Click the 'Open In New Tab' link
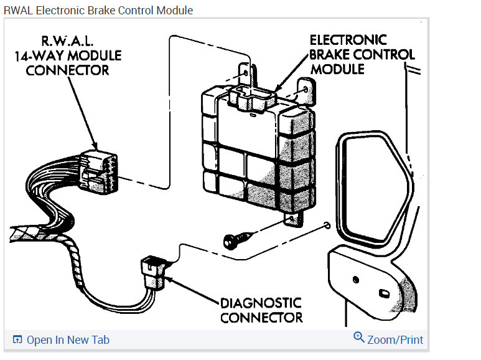tap(68, 339)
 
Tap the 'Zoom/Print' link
tap(395, 340)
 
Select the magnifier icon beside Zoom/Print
tap(358, 338)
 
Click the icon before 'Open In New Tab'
tap(17, 339)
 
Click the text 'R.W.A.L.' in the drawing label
tap(68, 42)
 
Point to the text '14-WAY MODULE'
tap(68, 55)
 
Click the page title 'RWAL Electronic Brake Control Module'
tap(98, 11)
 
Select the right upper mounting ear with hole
tap(304, 90)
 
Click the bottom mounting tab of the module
tap(293, 218)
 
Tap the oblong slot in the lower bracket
tap(383, 292)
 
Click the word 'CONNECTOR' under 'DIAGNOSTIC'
tap(261, 318)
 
